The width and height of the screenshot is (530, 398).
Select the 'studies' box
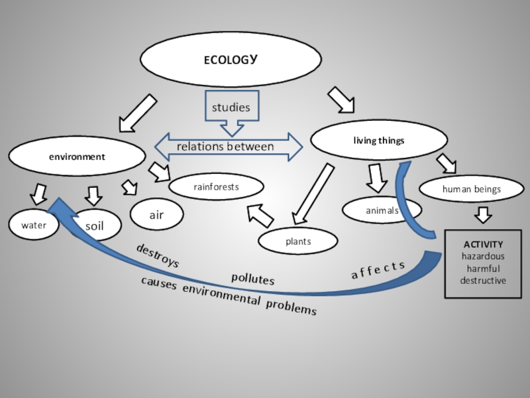[231, 107]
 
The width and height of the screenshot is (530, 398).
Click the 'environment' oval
[76, 157]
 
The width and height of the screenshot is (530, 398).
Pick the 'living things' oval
[378, 141]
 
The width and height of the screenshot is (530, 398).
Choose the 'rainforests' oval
[216, 188]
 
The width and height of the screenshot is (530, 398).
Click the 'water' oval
[33, 226]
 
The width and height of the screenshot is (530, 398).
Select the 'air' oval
[156, 215]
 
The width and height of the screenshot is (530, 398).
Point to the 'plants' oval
[298, 242]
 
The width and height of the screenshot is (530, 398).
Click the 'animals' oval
[382, 210]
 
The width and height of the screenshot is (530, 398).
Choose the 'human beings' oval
[472, 189]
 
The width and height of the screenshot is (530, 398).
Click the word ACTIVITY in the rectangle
[483, 244]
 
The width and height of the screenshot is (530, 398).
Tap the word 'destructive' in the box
[483, 281]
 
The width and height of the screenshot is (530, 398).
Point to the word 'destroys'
[158, 255]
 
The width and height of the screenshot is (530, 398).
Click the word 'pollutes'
[252, 279]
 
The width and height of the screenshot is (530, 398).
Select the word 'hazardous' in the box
[483, 256]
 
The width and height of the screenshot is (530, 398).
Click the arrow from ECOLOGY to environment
[138, 113]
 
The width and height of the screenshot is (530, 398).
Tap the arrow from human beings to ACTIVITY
[483, 215]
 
